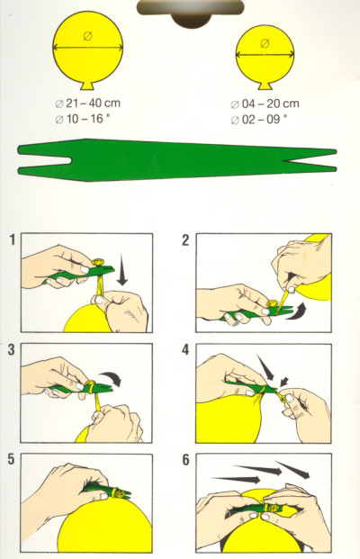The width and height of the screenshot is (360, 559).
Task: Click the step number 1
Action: coord(13,240)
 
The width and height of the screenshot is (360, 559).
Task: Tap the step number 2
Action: coord(185,240)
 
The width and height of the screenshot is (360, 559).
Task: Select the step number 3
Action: coord(12,350)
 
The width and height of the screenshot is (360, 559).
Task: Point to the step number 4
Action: coord(185,350)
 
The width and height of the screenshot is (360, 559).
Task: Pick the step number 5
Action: coord(12,459)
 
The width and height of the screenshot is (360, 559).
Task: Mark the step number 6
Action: coord(185,460)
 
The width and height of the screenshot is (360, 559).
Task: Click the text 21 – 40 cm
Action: coord(93,104)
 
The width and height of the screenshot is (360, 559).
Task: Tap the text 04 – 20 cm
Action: coord(270,104)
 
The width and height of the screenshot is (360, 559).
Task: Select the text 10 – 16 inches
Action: coord(87,118)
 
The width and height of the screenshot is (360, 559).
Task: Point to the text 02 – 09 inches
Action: coord(264,119)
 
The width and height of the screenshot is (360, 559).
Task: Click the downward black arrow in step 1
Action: coord(121,269)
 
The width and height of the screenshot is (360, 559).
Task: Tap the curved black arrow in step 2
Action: coord(297,311)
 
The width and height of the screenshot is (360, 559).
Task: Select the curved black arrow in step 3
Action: coord(112,378)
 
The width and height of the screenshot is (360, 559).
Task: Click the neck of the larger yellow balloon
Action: coord(87,86)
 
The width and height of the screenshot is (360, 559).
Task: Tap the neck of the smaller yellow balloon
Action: coord(265,86)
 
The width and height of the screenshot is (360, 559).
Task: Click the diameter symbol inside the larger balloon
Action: coord(88,36)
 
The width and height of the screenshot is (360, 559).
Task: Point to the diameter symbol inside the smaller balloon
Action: coord(265,43)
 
